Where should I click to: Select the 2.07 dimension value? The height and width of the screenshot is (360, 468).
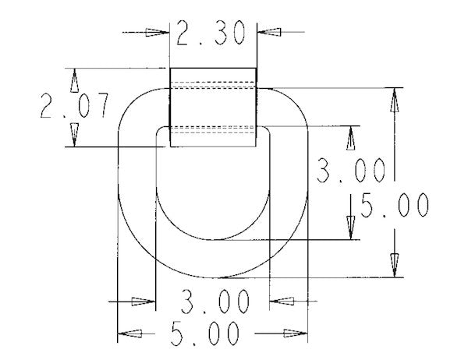tap(75, 107)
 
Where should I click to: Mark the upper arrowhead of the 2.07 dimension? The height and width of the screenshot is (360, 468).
tap(75, 79)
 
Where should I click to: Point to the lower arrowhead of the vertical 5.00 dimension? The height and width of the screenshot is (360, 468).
tap(397, 266)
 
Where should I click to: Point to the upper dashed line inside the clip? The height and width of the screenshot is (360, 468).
tap(214, 82)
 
